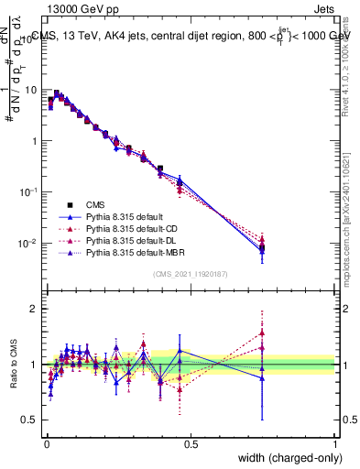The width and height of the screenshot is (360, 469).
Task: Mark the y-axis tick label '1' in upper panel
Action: (34, 142)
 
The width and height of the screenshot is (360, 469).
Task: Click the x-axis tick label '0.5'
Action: (190, 444)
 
